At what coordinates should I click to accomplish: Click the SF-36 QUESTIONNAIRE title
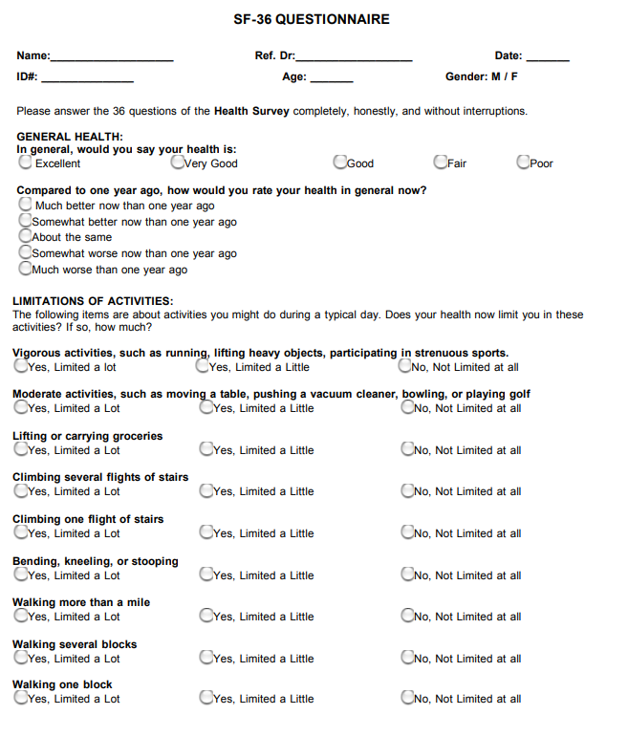click(x=311, y=19)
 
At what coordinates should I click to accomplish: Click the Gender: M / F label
click(x=482, y=76)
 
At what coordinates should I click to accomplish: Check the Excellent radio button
click(x=26, y=163)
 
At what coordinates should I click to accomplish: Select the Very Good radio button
click(x=178, y=163)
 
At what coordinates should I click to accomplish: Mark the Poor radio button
click(x=524, y=163)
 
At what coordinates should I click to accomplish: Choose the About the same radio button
click(x=26, y=236)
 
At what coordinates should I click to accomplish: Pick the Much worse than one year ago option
click(x=26, y=269)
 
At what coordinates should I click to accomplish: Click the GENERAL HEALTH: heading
click(x=70, y=137)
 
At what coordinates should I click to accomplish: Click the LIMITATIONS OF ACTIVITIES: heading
click(x=93, y=301)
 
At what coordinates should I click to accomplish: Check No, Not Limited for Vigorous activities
click(x=405, y=366)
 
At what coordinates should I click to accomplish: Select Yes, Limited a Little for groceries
click(x=206, y=449)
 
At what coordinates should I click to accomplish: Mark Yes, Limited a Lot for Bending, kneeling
click(x=21, y=574)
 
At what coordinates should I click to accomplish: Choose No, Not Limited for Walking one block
click(x=409, y=698)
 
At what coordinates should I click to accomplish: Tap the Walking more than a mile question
click(x=81, y=602)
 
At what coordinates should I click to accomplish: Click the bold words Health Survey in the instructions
click(x=251, y=111)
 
